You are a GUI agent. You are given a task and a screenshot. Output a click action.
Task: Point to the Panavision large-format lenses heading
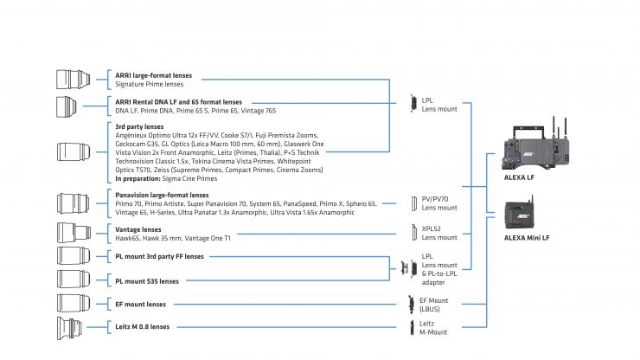pos(162,196)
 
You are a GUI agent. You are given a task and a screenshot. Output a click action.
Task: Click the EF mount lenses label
pos(141,305)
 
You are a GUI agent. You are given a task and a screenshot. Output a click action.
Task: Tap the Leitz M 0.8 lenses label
pos(143,327)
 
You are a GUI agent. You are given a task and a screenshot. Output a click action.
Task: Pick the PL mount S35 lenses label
pos(147,280)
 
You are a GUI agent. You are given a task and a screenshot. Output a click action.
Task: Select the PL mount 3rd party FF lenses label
pos(160,256)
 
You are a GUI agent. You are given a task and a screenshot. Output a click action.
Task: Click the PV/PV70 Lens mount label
pos(436,203)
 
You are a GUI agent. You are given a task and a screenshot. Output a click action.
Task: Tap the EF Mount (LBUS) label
pos(433,304)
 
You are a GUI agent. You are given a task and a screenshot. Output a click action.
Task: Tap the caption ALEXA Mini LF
pos(529,236)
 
